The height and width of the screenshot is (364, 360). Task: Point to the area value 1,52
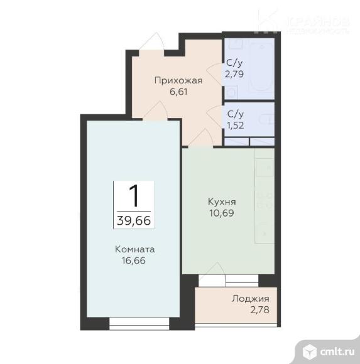[235, 124]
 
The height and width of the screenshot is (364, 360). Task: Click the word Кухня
[222, 202]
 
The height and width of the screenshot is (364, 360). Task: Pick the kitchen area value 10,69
[222, 213]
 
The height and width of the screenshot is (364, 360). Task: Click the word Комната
[135, 249]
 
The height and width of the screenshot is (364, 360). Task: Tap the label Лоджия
[249, 299]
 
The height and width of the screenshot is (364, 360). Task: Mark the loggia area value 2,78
[249, 309]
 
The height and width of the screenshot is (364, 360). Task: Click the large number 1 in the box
[133, 196]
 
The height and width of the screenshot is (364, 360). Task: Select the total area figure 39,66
[133, 220]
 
